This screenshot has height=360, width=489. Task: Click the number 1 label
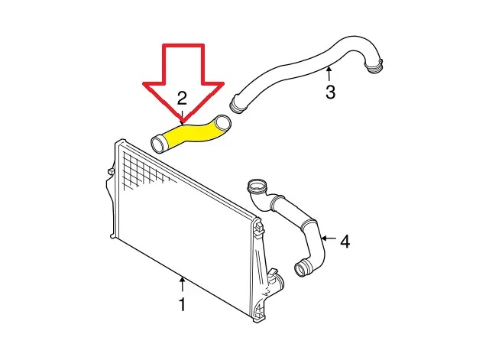[x=182, y=304]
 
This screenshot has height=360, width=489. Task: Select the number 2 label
[x=182, y=98]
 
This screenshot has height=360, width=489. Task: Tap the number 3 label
[x=330, y=92]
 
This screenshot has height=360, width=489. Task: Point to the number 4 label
[x=345, y=241]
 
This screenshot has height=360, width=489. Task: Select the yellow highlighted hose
[x=191, y=135]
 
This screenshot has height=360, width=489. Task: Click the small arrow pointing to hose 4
[x=329, y=238]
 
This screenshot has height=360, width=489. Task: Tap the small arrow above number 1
[x=182, y=284]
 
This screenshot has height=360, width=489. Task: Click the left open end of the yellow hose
[x=158, y=144]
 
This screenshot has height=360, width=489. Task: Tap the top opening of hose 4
[x=257, y=186]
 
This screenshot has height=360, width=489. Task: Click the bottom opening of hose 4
[x=303, y=268]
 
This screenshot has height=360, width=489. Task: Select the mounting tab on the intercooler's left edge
[x=110, y=172]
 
